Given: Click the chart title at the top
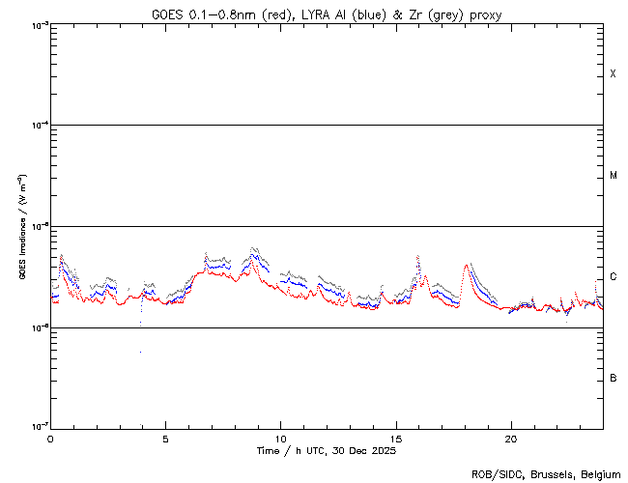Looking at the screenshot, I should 327,14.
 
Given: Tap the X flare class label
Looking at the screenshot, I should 613,74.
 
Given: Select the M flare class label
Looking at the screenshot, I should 613,176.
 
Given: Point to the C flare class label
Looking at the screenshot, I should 613,277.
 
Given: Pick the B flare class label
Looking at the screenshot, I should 613,378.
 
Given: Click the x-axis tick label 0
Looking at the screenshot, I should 50,439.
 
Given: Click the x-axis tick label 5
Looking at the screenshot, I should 165,439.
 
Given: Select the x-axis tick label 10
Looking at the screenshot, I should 280,439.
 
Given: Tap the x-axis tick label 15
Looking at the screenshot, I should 395,439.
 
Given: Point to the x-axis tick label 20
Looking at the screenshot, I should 510,439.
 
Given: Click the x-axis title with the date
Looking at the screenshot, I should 327,451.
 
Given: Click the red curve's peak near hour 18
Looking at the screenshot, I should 468,265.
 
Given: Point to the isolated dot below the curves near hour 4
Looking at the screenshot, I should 140,352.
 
